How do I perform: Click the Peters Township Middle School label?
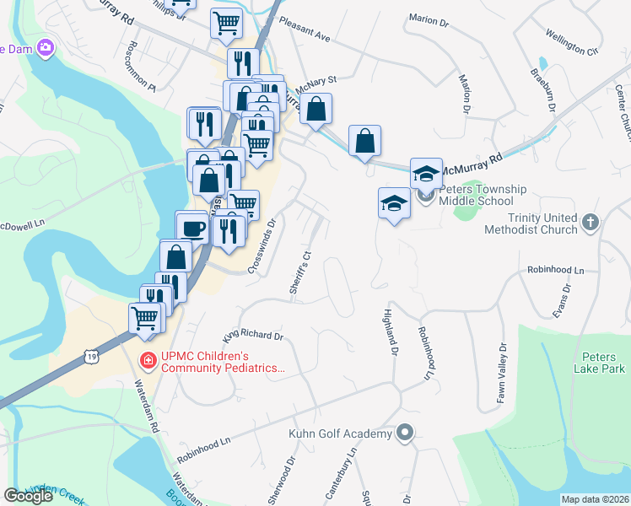click(476, 196)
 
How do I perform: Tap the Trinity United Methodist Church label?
click(537, 223)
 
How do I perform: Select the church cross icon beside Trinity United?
click(591, 223)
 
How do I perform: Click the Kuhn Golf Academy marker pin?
click(405, 433)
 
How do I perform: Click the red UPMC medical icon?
click(148, 361)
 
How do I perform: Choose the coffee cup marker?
click(193, 228)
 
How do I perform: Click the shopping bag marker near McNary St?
click(315, 110)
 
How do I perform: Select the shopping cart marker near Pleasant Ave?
click(226, 24)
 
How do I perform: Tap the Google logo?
click(28, 496)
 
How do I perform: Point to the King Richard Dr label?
click(253, 336)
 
